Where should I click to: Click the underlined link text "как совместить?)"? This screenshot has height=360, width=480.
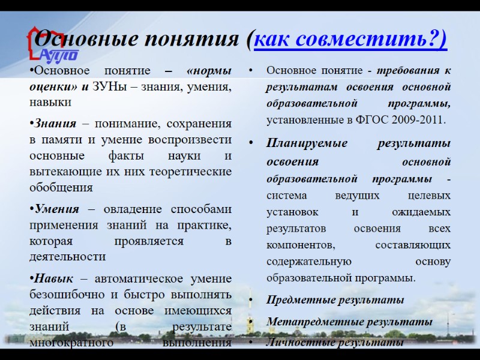click(x=350, y=40)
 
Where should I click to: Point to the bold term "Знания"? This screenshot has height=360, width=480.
click(x=55, y=124)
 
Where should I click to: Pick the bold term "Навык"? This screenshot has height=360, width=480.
click(x=53, y=279)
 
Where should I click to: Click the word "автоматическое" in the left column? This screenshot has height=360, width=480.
click(x=144, y=279)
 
